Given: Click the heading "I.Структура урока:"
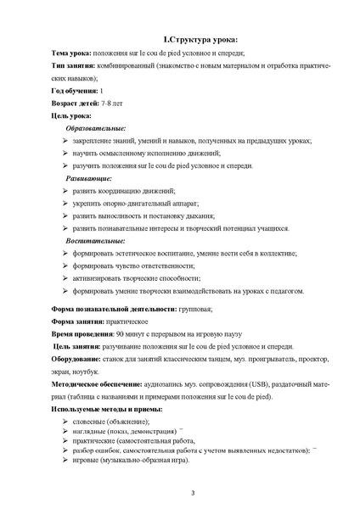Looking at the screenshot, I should [x=200, y=40].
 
